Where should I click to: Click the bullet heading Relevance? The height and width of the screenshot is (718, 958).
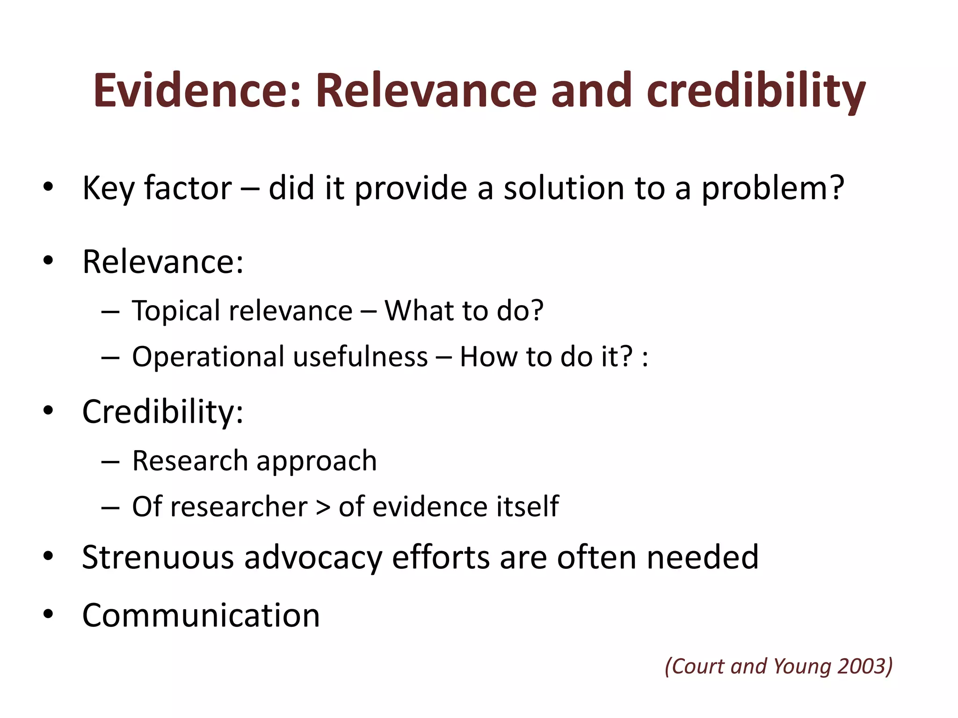pos(163,261)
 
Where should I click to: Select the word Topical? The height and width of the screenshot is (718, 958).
pos(176,310)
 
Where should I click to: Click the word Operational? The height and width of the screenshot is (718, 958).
pos(208,357)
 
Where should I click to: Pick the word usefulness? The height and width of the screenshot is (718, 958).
pos(360,357)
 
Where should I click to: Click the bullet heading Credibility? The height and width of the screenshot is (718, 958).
pos(163,412)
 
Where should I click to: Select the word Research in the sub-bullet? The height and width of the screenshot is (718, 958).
pos(190,460)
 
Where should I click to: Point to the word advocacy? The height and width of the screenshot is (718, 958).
pos(313,557)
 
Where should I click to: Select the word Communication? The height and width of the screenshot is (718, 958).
pos(201,615)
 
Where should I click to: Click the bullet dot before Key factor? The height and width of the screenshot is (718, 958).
pos(48,187)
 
